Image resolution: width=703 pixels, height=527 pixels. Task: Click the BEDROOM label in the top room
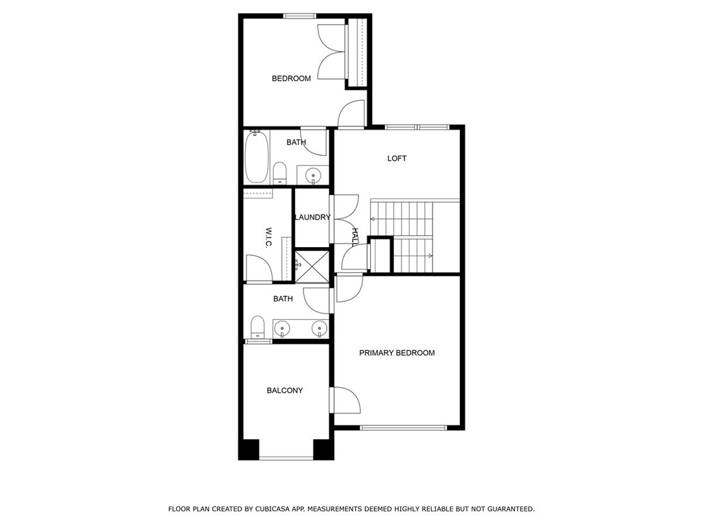coord(291,78)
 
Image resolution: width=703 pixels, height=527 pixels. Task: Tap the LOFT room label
coord(397,159)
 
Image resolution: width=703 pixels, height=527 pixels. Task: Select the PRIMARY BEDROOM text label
coord(397,353)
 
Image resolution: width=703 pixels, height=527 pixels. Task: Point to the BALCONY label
coord(285,390)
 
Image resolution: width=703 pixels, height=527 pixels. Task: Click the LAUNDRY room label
coord(312,218)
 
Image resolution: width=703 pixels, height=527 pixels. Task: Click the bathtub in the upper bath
coord(257,157)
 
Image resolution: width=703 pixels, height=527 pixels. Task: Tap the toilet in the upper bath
coord(280,173)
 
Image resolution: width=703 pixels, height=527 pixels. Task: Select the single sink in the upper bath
coord(312,175)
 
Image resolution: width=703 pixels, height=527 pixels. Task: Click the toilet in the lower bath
coord(257,327)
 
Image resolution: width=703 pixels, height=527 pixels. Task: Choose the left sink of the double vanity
coord(282,328)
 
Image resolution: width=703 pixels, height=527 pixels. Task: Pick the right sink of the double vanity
coord(319,328)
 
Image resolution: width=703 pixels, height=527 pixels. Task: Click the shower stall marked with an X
coord(312,266)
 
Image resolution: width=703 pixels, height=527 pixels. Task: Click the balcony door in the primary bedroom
coord(345,400)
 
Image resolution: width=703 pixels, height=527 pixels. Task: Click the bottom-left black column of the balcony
coord(249,449)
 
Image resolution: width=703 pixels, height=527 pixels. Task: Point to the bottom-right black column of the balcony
coord(323,449)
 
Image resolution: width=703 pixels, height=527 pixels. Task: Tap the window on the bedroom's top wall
coord(300,16)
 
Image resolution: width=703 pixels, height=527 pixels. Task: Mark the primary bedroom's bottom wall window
coord(404,428)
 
